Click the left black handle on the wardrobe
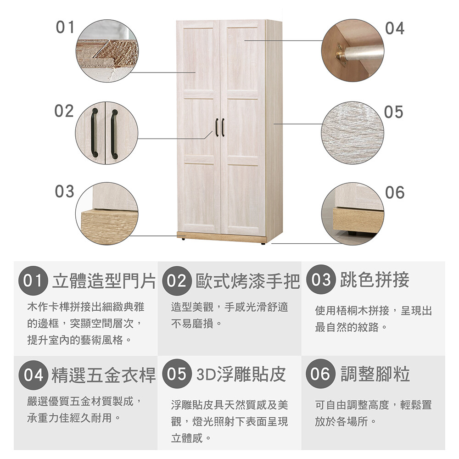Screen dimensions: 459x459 (217, 127)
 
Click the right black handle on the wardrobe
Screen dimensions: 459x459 (223, 127)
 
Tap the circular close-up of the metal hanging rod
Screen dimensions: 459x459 (353, 50)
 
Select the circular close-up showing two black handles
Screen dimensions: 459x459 (106, 133)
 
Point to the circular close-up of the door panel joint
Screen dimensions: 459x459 (107, 50)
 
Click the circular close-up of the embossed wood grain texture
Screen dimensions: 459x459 (353, 133)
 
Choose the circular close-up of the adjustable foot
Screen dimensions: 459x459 (353, 214)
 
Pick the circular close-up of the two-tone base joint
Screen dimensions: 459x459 (106, 214)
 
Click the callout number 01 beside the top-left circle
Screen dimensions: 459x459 (65, 27)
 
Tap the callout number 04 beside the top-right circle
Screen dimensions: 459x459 (395, 28)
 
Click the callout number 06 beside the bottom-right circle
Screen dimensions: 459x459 (395, 192)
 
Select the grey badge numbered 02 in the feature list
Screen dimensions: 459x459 (177, 280)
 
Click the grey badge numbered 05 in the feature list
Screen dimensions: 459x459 (177, 374)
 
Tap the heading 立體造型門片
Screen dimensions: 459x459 (104, 280)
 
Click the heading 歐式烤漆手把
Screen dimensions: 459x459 (248, 281)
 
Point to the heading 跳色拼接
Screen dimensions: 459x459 (375, 279)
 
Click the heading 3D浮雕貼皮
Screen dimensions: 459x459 (241, 374)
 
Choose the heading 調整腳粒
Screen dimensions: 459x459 (375, 374)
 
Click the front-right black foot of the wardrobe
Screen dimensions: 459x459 (263, 243)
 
